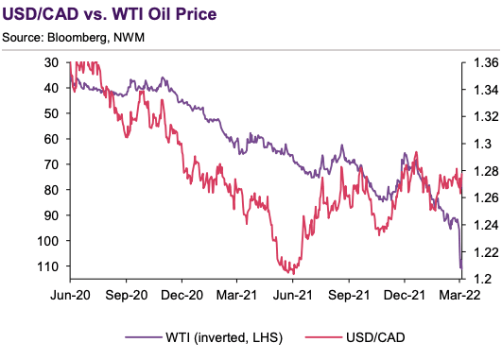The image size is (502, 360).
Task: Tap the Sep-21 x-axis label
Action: [347, 295]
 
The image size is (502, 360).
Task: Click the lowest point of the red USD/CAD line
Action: [286, 271]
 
